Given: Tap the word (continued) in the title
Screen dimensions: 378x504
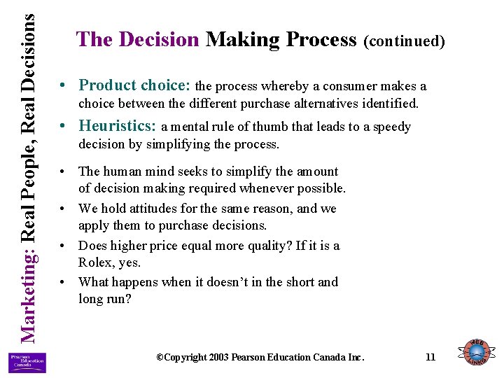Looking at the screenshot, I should (x=404, y=41).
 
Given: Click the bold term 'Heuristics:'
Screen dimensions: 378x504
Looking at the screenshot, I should (x=118, y=126).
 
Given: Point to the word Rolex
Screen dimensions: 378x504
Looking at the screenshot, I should (x=97, y=262).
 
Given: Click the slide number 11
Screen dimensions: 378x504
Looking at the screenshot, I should (x=430, y=357).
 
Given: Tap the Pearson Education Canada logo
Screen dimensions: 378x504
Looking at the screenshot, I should (x=27, y=362).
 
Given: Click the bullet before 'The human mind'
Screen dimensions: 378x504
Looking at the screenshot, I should (x=64, y=171).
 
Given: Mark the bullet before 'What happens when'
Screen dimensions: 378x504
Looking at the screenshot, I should (x=64, y=282).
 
